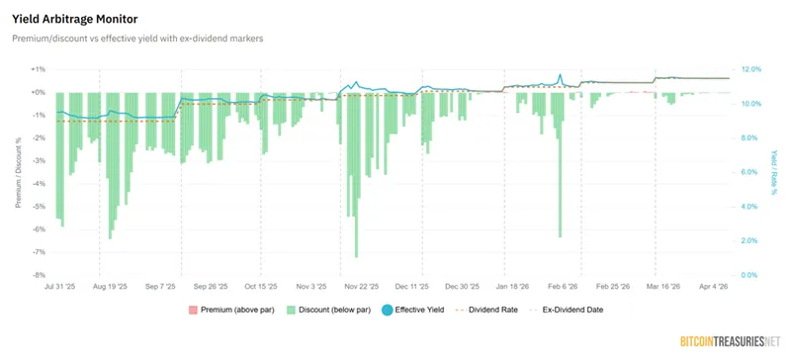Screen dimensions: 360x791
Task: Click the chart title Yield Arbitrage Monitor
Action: tap(75, 19)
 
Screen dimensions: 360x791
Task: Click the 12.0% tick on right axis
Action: tap(751, 69)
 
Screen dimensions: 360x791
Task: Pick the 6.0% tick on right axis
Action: tap(750, 172)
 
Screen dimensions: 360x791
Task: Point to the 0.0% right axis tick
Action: tap(750, 275)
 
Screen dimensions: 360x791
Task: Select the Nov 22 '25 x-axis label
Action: tap(362, 286)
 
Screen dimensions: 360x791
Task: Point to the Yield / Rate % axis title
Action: tap(774, 172)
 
